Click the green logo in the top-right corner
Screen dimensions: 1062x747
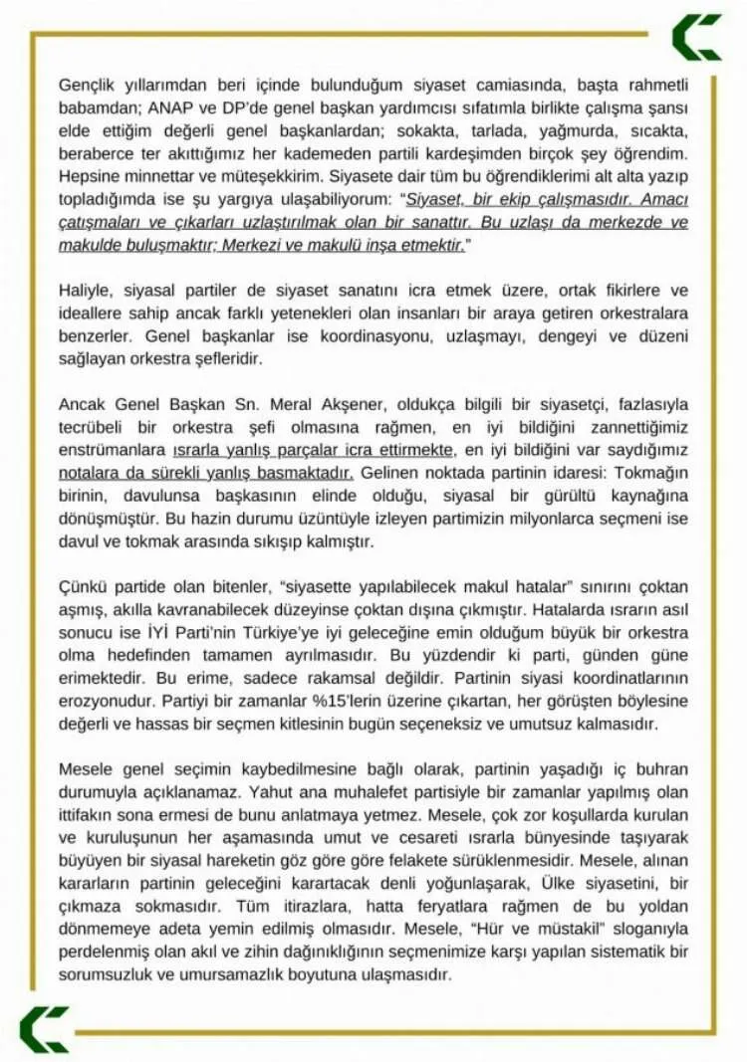click(696, 37)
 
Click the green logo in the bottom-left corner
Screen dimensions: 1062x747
click(44, 1028)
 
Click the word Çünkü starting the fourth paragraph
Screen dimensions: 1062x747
click(84, 588)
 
